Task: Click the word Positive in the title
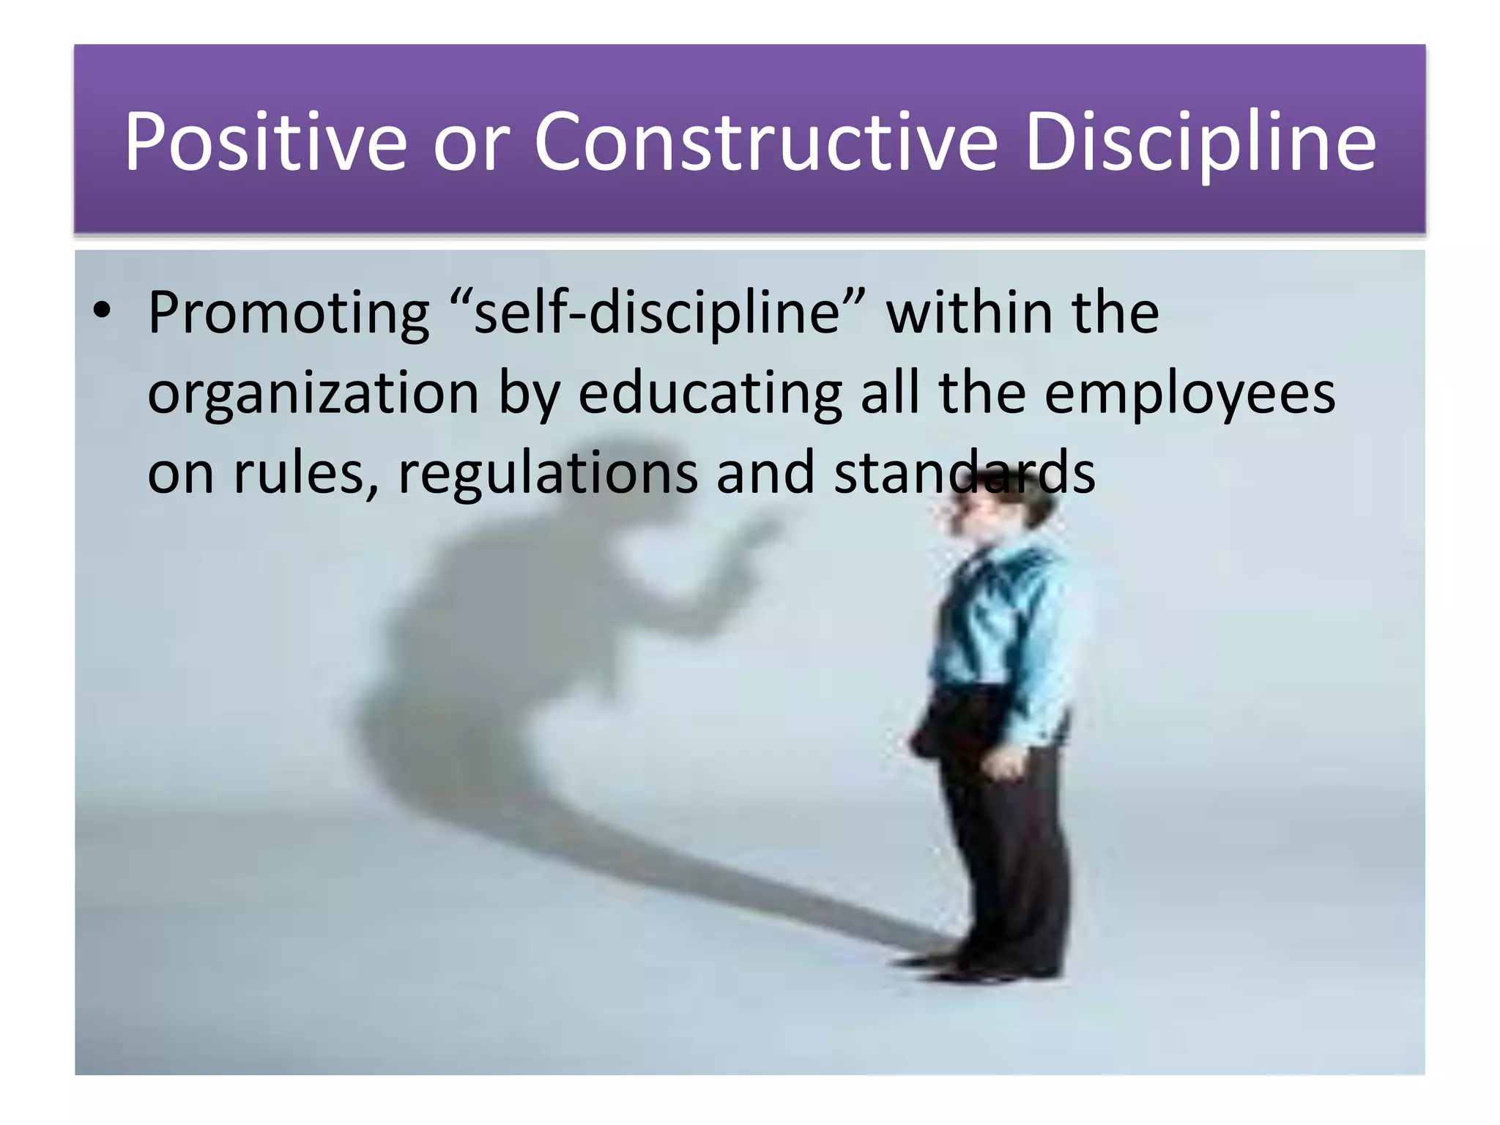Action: (x=264, y=141)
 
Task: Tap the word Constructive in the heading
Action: (x=765, y=141)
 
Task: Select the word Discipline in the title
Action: (x=1200, y=141)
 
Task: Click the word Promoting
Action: (x=289, y=313)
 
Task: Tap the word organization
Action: (x=313, y=393)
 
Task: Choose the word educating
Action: (x=710, y=393)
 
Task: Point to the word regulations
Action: (x=548, y=472)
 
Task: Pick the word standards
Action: (x=964, y=472)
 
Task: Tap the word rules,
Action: (x=306, y=472)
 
